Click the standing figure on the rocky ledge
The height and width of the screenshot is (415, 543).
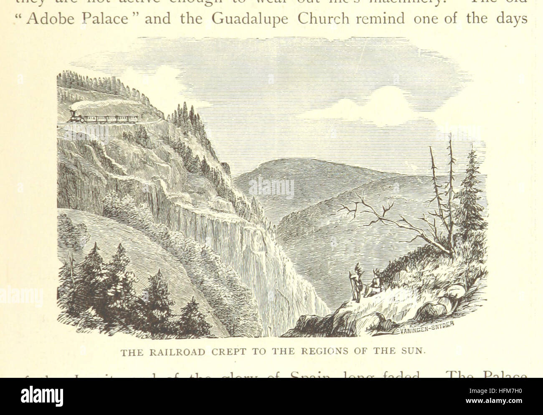356,283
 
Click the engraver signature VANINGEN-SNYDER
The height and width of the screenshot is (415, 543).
426,329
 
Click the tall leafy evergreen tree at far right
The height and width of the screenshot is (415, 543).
470,192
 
